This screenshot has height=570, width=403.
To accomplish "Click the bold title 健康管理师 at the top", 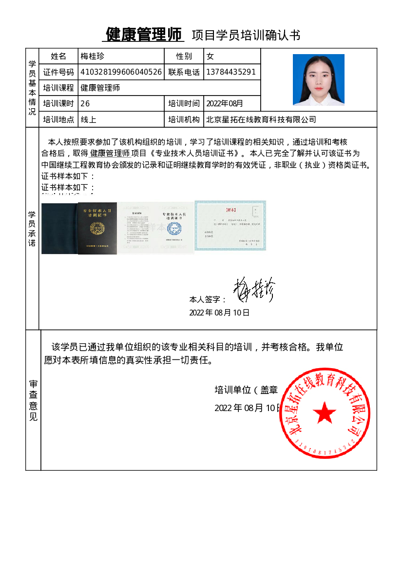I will tap(145, 35).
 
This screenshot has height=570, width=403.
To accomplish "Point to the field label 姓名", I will tap(58, 57).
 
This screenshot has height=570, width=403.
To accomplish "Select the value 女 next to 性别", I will tap(211, 57).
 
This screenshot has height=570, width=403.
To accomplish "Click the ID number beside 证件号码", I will tap(121, 72).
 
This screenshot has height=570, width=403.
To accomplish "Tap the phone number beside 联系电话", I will tap(231, 72).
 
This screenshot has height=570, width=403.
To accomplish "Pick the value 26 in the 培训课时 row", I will tap(85, 103).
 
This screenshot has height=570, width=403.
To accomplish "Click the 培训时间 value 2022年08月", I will tap(225, 103).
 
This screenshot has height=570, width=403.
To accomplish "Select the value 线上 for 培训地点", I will tap(88, 119).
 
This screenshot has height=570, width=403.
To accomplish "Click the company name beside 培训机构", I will tap(261, 119).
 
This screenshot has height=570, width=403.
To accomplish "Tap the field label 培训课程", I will tap(58, 88).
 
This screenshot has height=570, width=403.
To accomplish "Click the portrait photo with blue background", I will tap(318, 79).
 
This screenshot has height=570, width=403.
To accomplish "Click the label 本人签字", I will tap(208, 300).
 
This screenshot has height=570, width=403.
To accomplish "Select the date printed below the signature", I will tap(219, 313).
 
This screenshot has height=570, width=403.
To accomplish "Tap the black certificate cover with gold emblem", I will tap(97, 228).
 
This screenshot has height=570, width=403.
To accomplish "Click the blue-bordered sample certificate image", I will tap(230, 225).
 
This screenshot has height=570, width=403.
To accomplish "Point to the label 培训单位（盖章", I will tap(246, 390).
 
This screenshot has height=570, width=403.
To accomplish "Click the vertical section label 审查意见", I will tap(33, 400).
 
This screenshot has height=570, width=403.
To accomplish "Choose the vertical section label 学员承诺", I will tap(32, 228).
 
